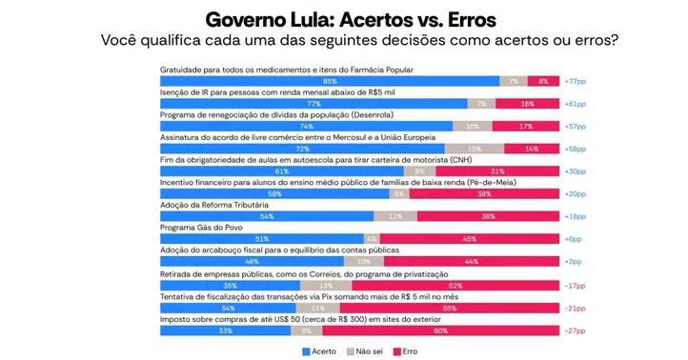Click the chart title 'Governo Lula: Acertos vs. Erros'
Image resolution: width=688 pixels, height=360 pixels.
(351, 19)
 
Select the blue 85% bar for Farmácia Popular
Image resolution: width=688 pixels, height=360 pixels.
(329, 82)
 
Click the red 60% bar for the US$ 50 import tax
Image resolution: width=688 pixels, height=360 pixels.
(440, 330)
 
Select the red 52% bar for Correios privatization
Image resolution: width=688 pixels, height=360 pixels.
(455, 285)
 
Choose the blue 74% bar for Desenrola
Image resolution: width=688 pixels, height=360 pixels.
(307, 127)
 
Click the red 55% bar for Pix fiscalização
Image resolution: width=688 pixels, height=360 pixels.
(449, 308)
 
